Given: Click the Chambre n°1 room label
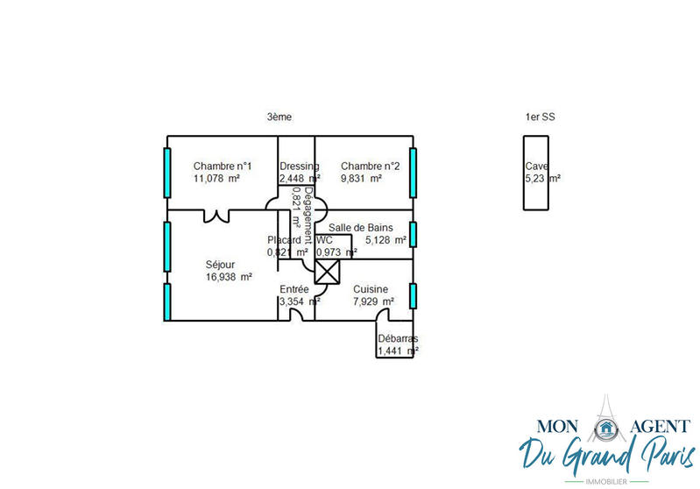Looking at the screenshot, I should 223,167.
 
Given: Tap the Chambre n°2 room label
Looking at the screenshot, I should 370,167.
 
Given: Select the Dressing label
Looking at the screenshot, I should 299,167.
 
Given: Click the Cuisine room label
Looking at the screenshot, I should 371,289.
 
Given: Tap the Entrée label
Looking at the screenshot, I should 293,289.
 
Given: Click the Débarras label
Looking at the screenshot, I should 397,339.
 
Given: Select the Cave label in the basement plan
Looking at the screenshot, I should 536,167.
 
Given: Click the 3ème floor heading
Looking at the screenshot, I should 279,117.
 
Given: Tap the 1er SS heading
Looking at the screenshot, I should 540,117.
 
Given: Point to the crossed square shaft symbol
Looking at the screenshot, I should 326,274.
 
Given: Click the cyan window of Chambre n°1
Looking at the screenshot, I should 166,173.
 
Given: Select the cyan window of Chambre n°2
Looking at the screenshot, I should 413,173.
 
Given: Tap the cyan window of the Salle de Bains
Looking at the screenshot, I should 413,235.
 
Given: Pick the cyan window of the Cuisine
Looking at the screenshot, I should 413,298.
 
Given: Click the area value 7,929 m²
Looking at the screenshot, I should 373,301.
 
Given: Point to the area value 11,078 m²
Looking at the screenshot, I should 216,179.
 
